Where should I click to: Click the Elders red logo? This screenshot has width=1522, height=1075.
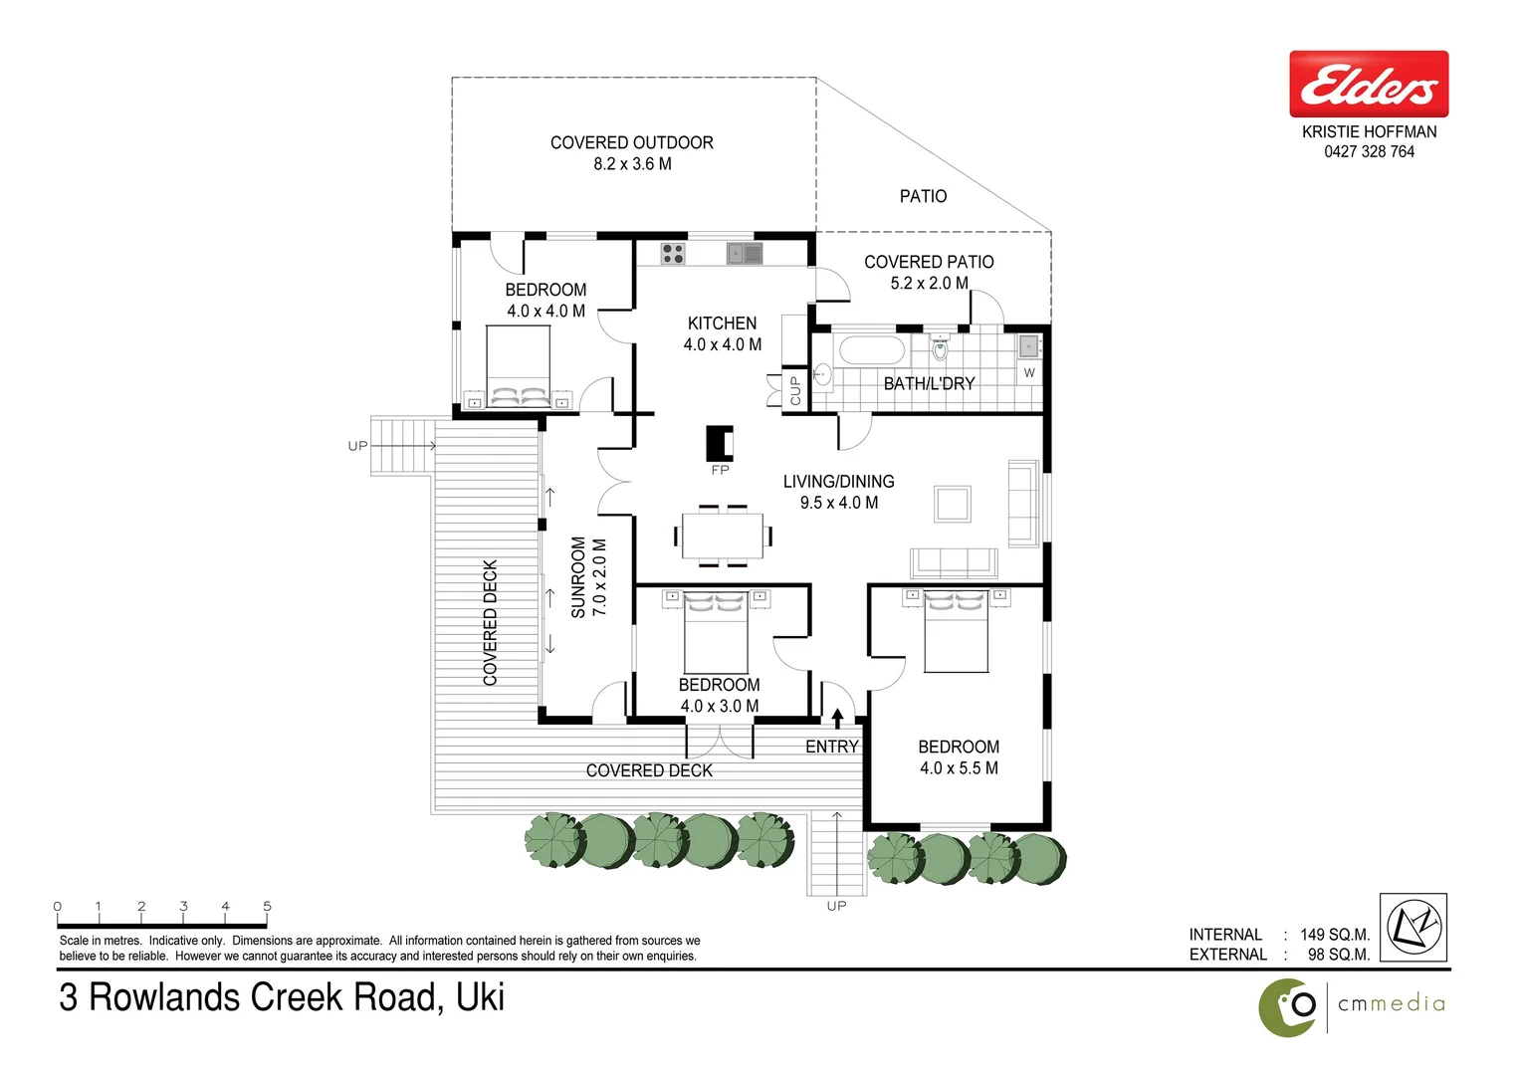pos(1368,85)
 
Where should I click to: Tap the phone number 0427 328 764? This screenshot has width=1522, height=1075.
pos(1369,152)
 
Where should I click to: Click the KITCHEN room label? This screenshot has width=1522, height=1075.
pos(722,323)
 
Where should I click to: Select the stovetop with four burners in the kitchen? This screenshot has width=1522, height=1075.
pos(673,254)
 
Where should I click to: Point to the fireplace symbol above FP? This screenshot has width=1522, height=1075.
pos(720,443)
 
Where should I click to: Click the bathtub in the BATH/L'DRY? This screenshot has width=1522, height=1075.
pos(872,350)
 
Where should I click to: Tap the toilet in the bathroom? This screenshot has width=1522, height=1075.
pos(940,349)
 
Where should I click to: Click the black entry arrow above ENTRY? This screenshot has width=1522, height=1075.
pos(837,718)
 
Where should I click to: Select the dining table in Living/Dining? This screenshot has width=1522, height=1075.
pos(723,536)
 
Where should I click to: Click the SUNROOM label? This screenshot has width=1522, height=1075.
pos(578,577)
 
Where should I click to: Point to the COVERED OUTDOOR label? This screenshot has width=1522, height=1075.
pos(631,142)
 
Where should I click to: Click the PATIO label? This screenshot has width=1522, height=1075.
pos(923,196)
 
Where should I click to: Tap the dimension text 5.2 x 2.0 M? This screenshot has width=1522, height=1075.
pos(929,284)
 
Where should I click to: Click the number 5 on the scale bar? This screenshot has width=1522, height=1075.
pos(267,906)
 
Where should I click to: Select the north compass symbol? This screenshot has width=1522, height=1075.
pos(1414,927)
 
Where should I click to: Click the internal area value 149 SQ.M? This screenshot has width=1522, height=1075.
pos(1334,935)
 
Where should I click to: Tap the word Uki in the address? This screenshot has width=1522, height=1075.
pos(480,997)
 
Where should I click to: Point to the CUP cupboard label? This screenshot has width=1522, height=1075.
pos(795,390)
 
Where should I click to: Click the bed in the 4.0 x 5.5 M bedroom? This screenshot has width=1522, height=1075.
pos(956,632)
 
